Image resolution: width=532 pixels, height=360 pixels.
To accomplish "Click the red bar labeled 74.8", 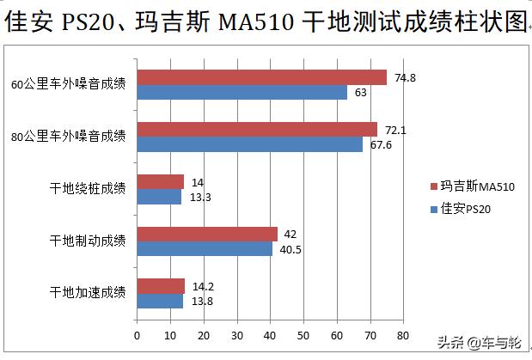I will tap(261, 77).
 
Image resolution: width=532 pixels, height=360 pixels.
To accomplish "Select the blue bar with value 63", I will tap(242, 92).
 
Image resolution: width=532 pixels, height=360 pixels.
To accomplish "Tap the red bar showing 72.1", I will tap(257, 129).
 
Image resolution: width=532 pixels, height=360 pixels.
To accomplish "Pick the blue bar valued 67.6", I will tap(249, 144).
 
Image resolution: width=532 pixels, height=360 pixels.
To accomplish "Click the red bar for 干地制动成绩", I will tap(207, 234).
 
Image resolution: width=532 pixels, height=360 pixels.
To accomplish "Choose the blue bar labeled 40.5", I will tap(205, 248).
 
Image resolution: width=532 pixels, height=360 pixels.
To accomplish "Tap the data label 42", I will tap(290, 234).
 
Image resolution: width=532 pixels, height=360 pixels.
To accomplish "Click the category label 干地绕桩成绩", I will tap(88, 189).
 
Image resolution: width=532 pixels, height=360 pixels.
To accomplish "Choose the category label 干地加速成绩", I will tap(88, 293).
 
